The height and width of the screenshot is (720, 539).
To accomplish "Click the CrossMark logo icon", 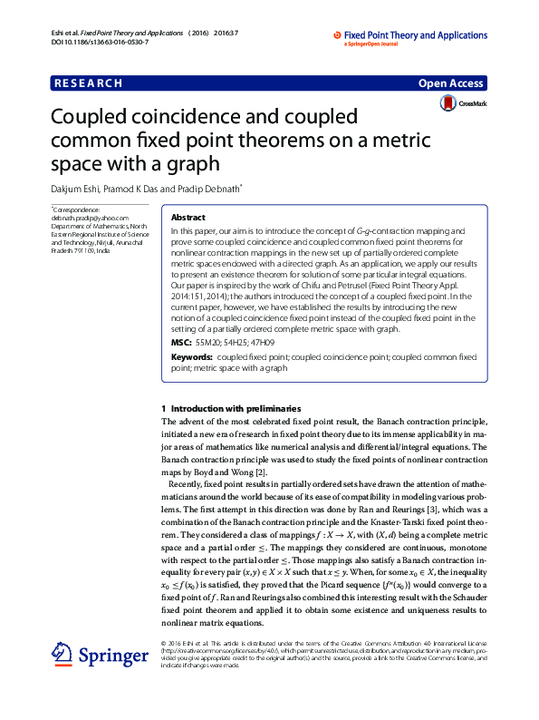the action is click(448, 104).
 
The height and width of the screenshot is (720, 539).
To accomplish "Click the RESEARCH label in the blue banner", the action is click(88, 83).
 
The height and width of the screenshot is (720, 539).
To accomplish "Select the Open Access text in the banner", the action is click(450, 83).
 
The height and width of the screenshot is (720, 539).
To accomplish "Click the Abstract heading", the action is click(188, 219).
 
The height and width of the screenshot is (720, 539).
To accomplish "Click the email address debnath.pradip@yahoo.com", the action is click(90, 219).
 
